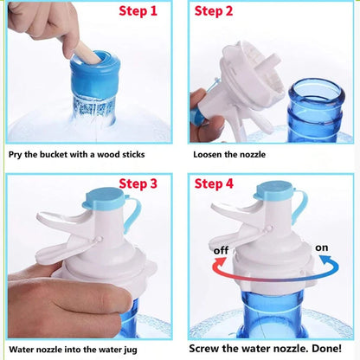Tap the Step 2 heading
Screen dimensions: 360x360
click(x=214, y=12)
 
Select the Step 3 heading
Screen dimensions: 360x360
click(x=138, y=183)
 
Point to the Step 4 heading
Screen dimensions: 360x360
click(x=214, y=183)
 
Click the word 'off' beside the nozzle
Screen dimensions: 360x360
click(x=221, y=251)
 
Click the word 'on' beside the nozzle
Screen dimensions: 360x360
click(x=321, y=247)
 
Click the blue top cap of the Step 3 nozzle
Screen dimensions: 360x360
click(x=104, y=198)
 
